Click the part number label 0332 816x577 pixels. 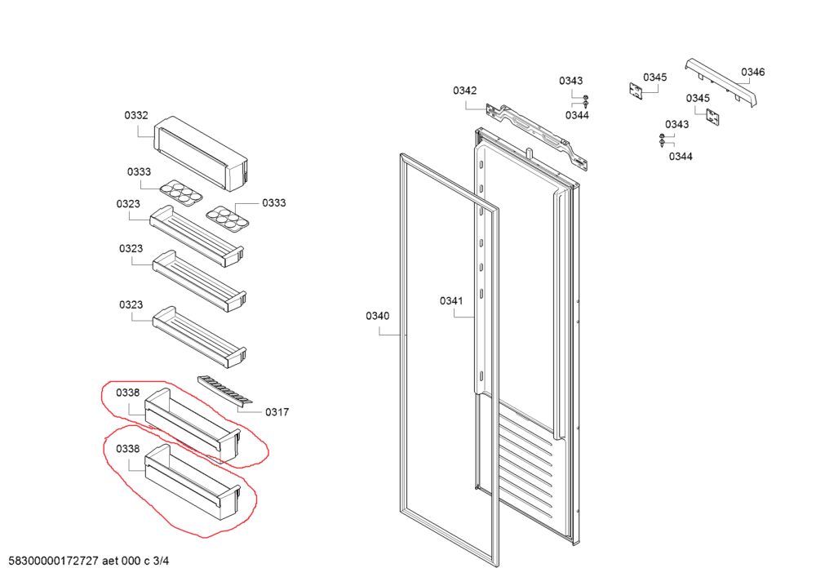136,115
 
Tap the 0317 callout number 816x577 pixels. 277,412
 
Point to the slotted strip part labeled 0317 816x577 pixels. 224,389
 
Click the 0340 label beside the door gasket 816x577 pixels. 377,316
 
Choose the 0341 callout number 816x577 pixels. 450,301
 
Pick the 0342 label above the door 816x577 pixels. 465,91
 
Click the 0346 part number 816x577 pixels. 752,72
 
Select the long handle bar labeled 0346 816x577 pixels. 721,83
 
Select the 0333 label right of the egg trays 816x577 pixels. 273,202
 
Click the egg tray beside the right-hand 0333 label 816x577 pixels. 225,220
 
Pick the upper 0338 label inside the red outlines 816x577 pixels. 128,393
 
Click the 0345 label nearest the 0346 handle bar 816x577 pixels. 654,78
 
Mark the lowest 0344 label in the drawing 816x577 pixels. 681,156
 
